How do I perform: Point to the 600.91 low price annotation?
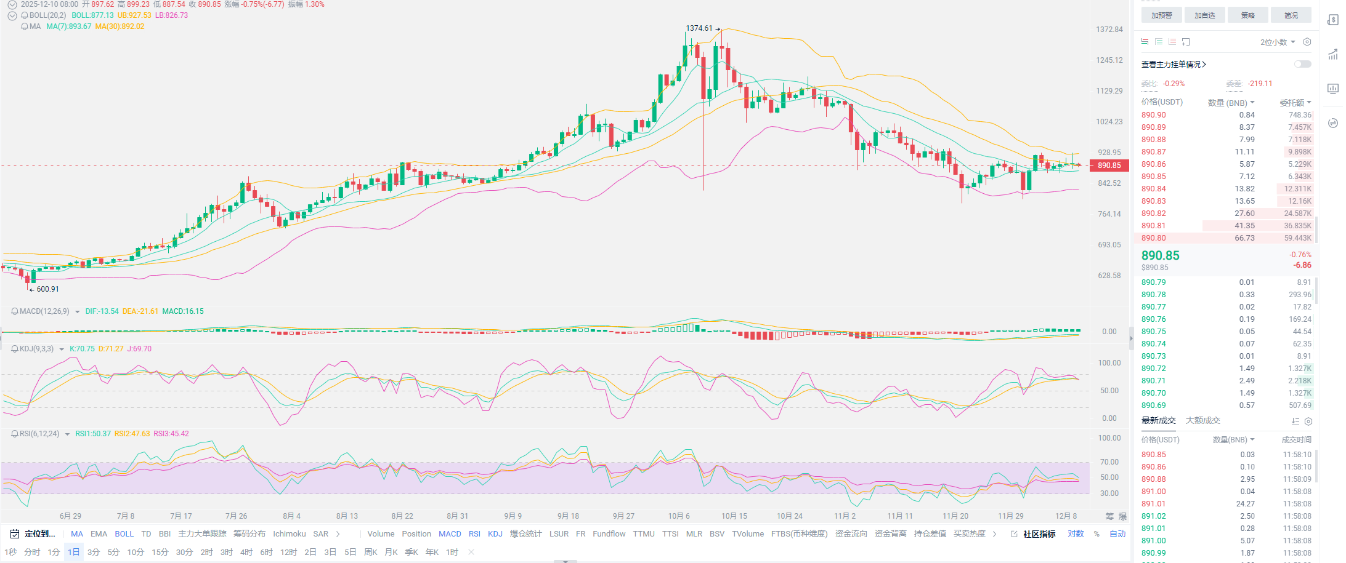[x=47, y=289]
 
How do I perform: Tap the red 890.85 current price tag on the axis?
[x=1109, y=166]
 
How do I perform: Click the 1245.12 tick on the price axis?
[x=1109, y=60]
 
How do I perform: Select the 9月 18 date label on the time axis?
[x=568, y=516]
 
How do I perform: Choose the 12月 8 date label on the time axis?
[x=1066, y=516]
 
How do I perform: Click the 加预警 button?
[x=1161, y=15]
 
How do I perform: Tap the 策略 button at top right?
[x=1247, y=15]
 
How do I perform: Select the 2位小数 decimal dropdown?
[x=1277, y=42]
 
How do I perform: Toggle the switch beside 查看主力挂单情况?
[x=1302, y=64]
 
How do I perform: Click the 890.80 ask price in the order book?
[x=1153, y=238]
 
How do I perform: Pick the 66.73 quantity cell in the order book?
[x=1244, y=238]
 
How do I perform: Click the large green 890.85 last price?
[x=1160, y=256]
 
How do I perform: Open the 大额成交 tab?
[x=1202, y=421]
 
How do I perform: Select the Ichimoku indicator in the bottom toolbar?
[x=289, y=534]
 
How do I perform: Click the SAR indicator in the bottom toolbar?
[x=320, y=534]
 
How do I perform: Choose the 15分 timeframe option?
[x=160, y=553]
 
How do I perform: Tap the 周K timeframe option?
[x=370, y=553]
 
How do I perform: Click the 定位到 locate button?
[x=34, y=534]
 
